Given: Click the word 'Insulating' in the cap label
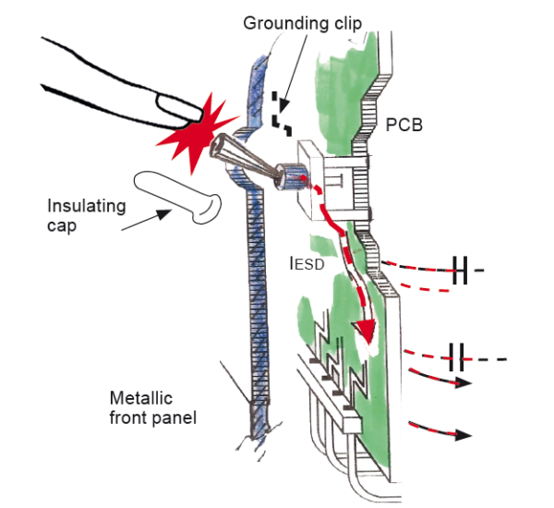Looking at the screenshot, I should pyautogui.click(x=86, y=206).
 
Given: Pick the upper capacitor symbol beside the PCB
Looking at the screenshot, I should pyautogui.click(x=465, y=271).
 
